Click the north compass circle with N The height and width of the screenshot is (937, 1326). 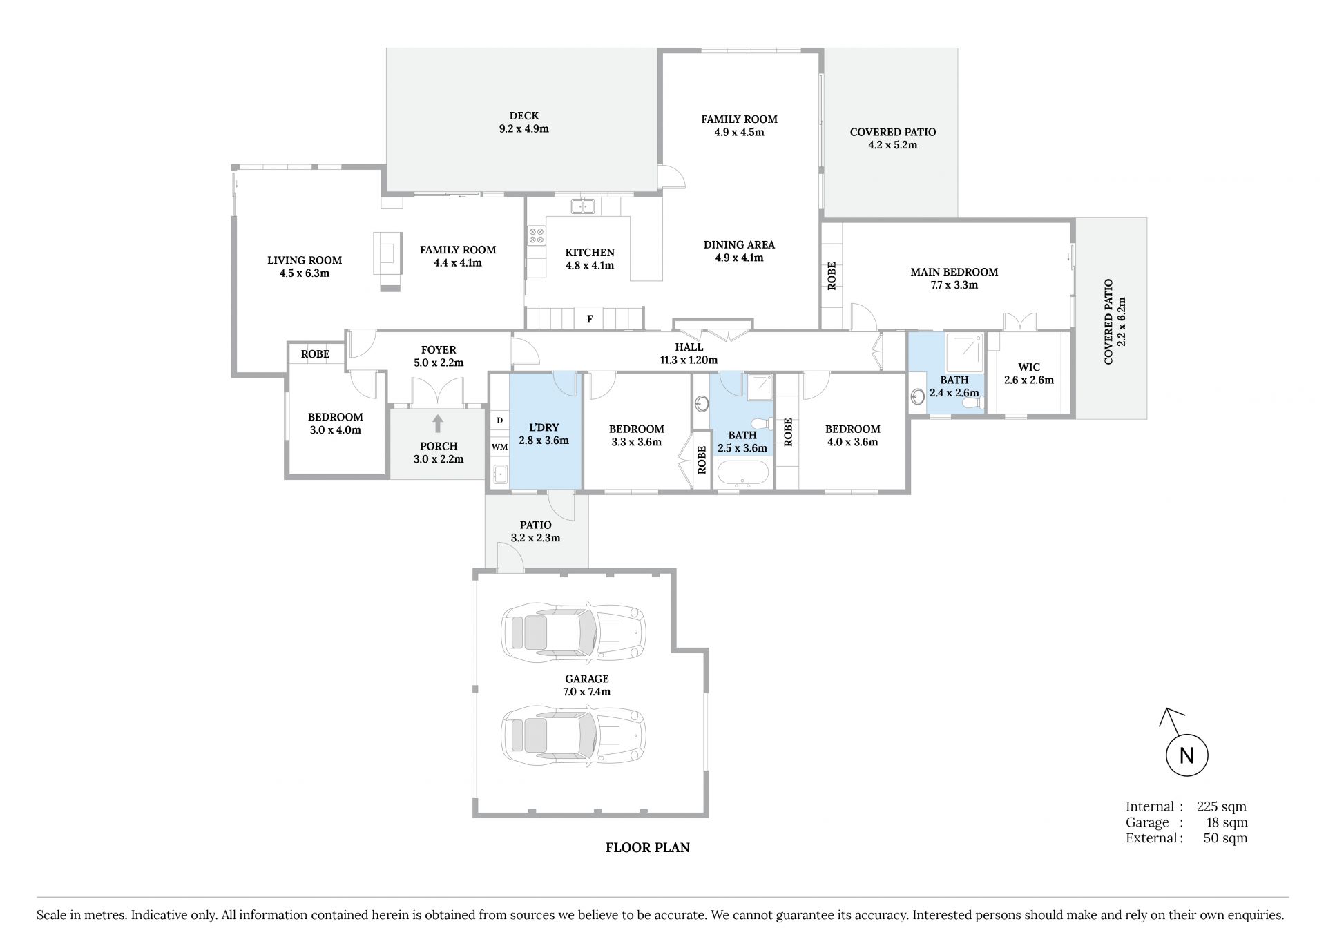[1186, 755]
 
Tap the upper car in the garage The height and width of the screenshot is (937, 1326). [573, 632]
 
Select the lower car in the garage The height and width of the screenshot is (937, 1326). [573, 735]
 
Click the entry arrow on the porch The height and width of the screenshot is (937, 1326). [438, 423]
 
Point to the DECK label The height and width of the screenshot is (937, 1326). [523, 116]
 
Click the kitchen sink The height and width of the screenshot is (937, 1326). [584, 206]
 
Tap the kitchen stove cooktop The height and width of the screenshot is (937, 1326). [536, 235]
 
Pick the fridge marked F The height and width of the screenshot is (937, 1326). [590, 318]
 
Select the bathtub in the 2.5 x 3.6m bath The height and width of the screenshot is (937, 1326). [742, 474]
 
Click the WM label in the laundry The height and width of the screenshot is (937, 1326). [499, 447]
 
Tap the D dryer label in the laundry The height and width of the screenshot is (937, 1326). [499, 420]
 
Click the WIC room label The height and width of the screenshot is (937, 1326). [1028, 367]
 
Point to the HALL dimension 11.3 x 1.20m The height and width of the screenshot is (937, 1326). [689, 360]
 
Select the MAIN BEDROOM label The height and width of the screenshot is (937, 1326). [954, 272]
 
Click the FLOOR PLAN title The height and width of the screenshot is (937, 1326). [648, 847]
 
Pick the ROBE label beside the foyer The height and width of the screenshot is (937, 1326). [315, 354]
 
